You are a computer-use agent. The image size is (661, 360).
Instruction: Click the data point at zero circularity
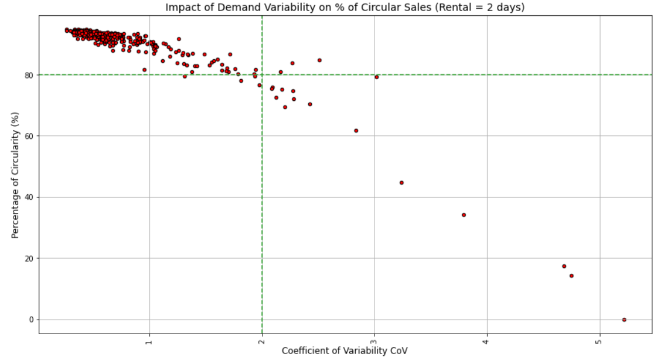click(x=624, y=320)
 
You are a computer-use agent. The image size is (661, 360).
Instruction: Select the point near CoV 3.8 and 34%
click(x=464, y=215)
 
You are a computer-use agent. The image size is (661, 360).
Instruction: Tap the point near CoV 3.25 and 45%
click(x=401, y=182)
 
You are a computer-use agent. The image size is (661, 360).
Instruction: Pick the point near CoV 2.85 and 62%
click(x=356, y=131)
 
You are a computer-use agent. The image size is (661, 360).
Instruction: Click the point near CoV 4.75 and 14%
click(x=571, y=276)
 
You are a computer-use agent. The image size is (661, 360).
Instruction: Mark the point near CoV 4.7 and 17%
click(x=564, y=266)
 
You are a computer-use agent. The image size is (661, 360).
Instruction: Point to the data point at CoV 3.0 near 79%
click(x=377, y=77)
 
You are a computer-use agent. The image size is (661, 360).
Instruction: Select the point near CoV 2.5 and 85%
click(x=319, y=60)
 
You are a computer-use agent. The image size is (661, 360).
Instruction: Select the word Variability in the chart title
click(x=270, y=8)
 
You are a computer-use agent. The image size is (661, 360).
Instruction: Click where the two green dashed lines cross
click(x=262, y=74)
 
